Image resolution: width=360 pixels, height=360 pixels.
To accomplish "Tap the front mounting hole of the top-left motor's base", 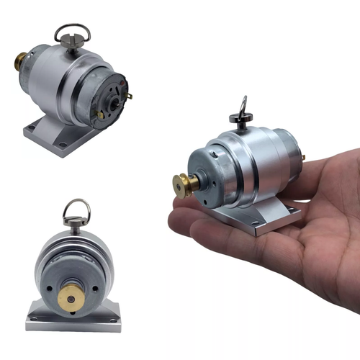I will [x=63, y=145].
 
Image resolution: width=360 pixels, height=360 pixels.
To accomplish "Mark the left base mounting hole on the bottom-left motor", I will [x=35, y=318].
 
